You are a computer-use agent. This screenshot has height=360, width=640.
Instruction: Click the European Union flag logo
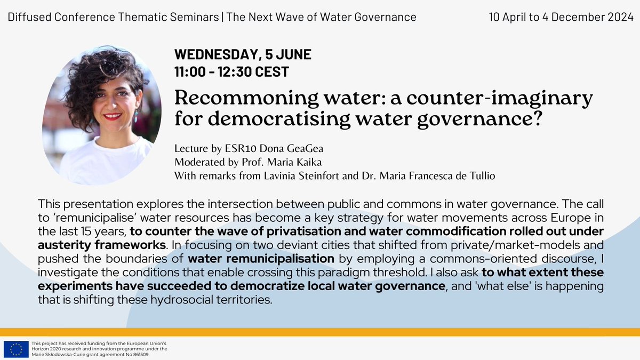coord(16,349)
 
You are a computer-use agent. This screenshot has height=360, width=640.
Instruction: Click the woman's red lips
coord(113,116)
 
